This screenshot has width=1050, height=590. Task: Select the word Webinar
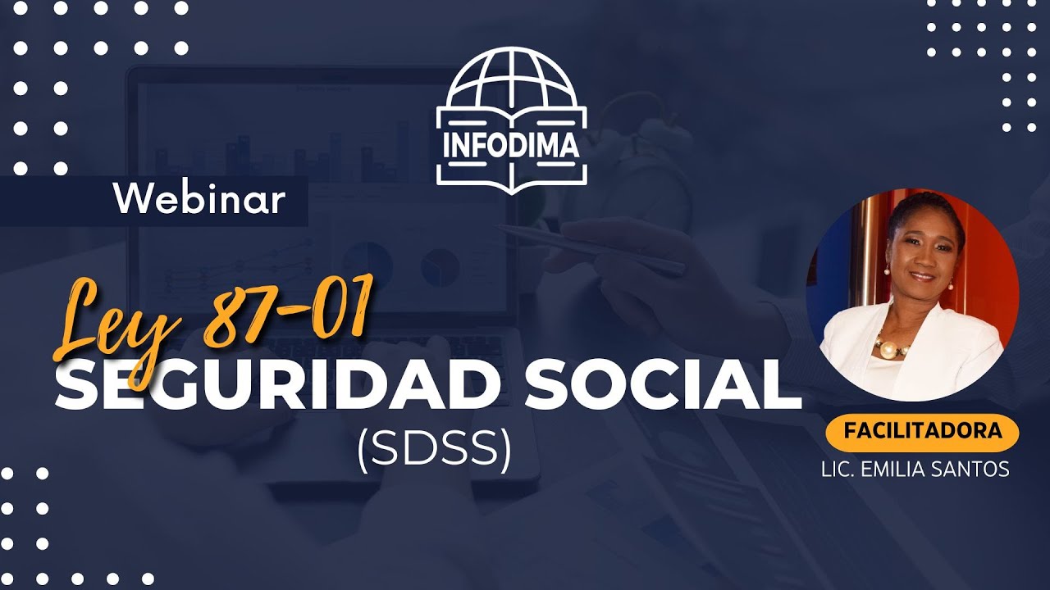199,200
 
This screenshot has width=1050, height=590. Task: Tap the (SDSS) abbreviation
434,448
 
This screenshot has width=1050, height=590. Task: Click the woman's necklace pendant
888,350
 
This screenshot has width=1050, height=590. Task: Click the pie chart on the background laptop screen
440,265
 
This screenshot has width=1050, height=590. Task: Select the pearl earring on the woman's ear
951,285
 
